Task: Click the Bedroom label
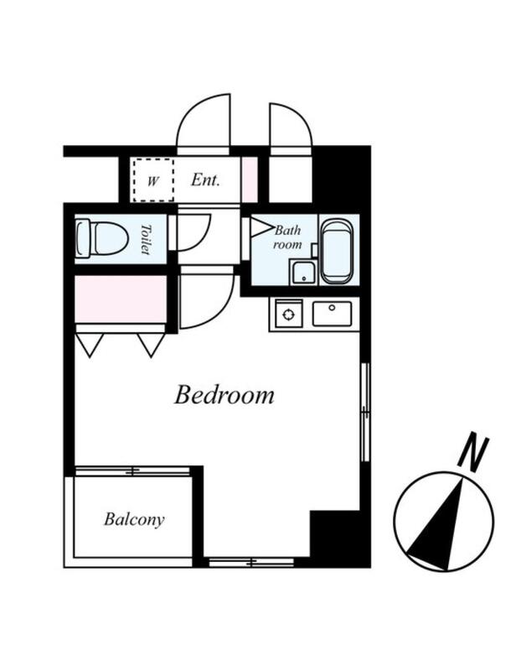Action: (x=224, y=394)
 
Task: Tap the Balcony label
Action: (x=134, y=519)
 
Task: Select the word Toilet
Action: (x=147, y=239)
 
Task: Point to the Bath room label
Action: (x=287, y=237)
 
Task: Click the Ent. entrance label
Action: (x=205, y=179)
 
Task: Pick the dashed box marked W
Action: (x=152, y=179)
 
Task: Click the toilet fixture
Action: (x=101, y=239)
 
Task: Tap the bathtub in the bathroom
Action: (x=337, y=252)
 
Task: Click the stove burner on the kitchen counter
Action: (x=289, y=315)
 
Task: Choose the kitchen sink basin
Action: (x=332, y=314)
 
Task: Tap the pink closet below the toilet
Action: (x=121, y=299)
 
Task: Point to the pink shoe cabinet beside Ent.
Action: (x=250, y=179)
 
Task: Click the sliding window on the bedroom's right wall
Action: (x=365, y=412)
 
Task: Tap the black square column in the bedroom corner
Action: (x=335, y=533)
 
